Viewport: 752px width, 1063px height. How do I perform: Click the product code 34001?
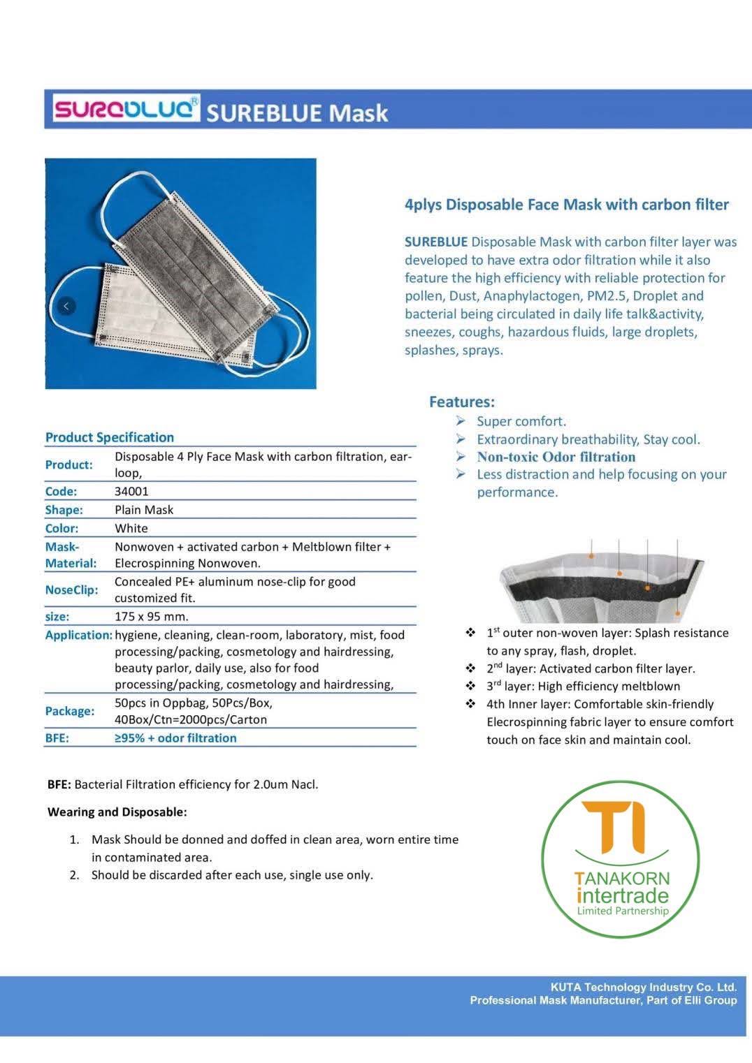click(131, 491)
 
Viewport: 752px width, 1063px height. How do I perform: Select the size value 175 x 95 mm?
click(152, 616)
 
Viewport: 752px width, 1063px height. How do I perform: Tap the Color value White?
click(131, 528)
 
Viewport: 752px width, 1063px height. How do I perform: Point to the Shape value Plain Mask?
click(144, 510)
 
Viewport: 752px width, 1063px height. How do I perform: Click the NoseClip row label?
click(71, 589)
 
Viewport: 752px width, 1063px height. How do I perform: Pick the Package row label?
click(70, 711)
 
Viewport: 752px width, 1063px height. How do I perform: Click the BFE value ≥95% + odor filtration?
click(175, 738)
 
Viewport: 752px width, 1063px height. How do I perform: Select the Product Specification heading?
click(110, 437)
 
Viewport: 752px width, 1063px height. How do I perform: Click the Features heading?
click(461, 402)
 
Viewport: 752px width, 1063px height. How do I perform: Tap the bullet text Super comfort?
click(521, 421)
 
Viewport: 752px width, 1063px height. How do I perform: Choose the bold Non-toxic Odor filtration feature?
click(556, 457)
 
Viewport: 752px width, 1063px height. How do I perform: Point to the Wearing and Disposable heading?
click(117, 812)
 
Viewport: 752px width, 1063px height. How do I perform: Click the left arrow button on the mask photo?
click(66, 306)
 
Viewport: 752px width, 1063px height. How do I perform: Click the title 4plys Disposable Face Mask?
click(566, 205)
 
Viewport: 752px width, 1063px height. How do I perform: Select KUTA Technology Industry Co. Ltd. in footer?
click(643, 987)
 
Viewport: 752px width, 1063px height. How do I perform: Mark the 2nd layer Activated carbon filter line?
click(591, 668)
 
